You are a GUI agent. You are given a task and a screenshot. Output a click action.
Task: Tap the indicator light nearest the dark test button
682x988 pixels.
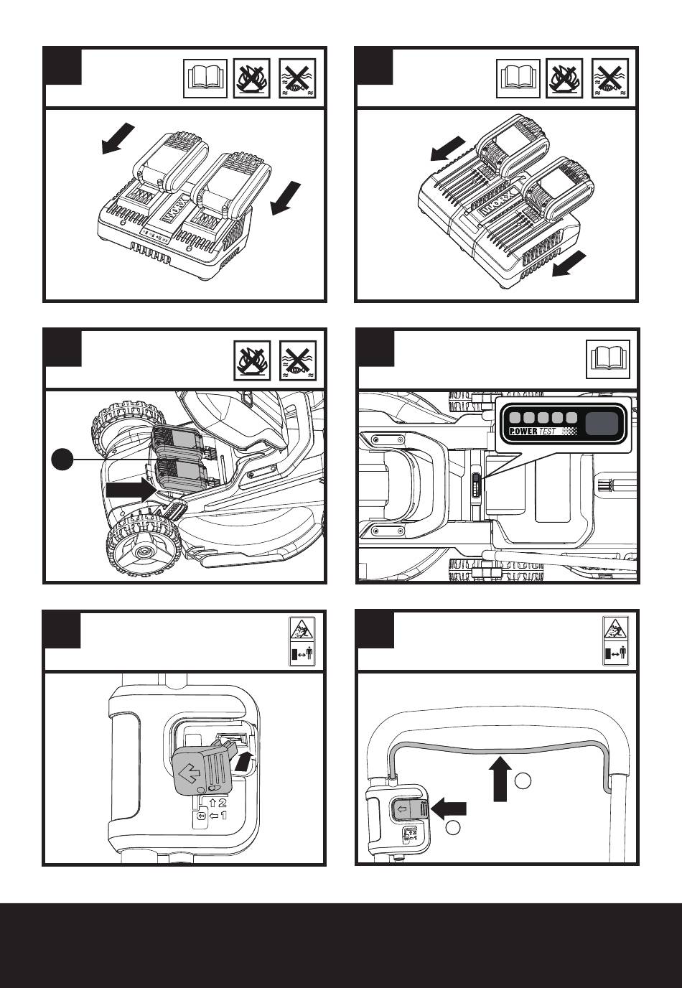[571, 418]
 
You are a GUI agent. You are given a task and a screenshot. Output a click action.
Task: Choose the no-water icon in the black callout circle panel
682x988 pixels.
[296, 359]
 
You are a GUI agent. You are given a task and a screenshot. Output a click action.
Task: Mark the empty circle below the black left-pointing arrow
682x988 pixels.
[452, 829]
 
